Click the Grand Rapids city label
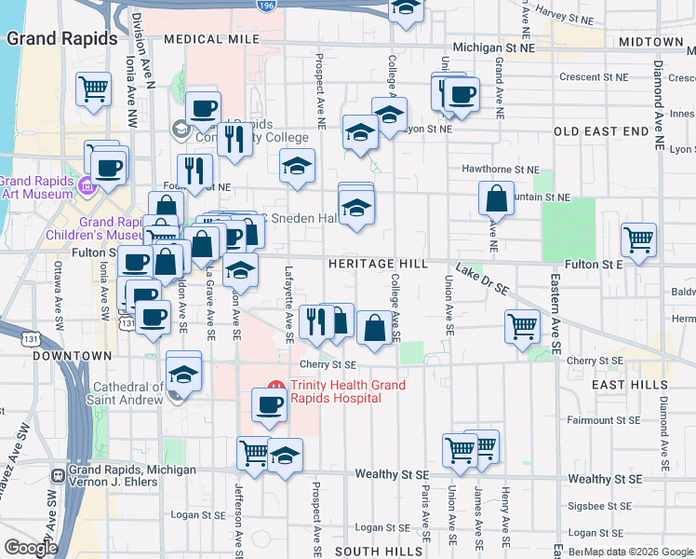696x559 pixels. [x=63, y=39]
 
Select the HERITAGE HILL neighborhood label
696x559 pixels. [x=378, y=265]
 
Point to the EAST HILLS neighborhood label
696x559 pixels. [x=631, y=384]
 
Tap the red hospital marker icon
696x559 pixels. [x=275, y=386]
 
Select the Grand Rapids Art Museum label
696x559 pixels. [x=35, y=187]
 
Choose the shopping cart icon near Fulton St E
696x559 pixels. [x=638, y=239]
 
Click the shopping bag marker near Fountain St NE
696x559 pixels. [x=497, y=198]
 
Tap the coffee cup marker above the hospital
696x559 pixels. [x=270, y=405]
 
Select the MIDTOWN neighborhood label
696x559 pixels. [x=651, y=42]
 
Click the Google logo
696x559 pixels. [x=31, y=547]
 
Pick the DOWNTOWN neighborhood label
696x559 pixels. [x=72, y=356]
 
